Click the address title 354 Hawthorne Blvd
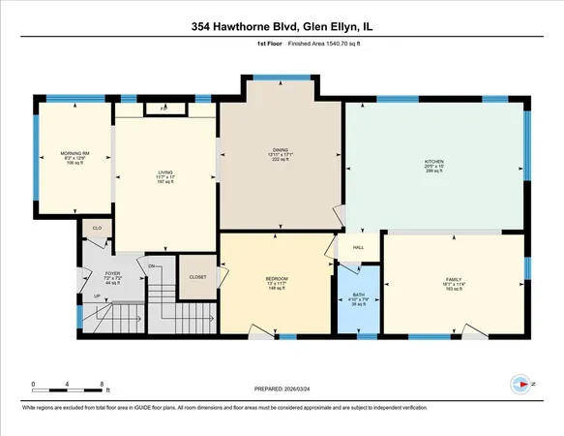point(281,28)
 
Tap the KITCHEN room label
point(433,162)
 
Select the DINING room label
point(281,148)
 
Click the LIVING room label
point(164,173)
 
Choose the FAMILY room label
point(454,278)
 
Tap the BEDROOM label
point(277,279)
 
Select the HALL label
point(357,248)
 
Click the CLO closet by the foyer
point(97,229)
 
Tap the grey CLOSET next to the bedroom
point(197,276)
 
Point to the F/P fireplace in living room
point(163,109)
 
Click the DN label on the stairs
point(152,265)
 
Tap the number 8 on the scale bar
point(103,385)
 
